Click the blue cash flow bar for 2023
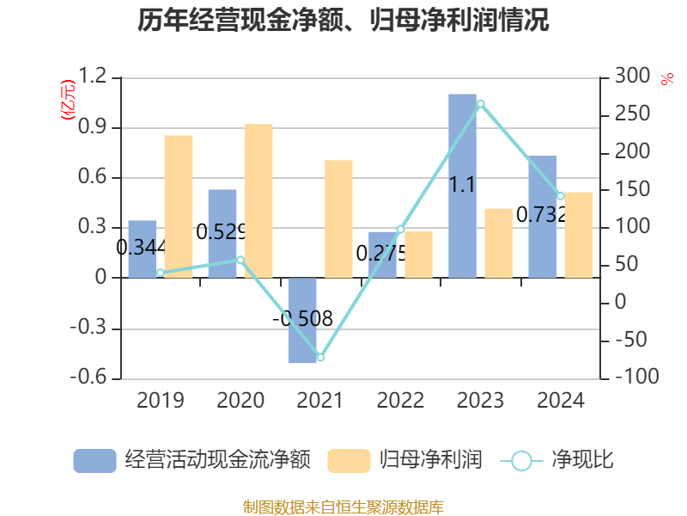(462, 185)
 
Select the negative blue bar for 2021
(302, 320)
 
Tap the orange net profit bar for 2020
(258, 200)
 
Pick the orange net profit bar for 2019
(179, 206)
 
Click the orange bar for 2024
(579, 235)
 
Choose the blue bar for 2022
(382, 255)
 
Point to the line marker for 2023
(481, 104)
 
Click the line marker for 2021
(320, 357)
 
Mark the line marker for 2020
(240, 260)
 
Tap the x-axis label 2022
(400, 401)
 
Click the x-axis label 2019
(160, 401)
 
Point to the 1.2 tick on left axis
(93, 78)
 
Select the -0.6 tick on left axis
(89, 378)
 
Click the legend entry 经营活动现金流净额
(192, 461)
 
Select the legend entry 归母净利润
(404, 461)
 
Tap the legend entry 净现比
(557, 461)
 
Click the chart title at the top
(343, 21)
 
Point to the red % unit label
(666, 79)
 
